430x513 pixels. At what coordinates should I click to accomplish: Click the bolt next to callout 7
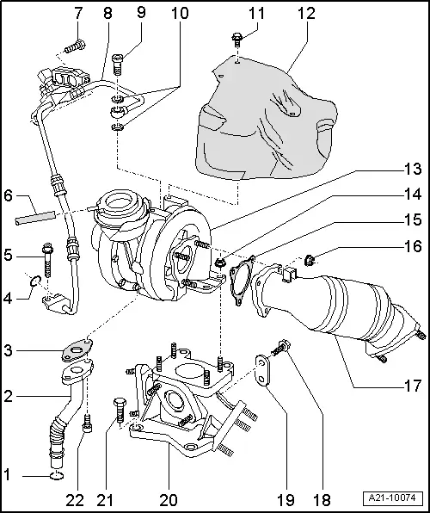click(77, 44)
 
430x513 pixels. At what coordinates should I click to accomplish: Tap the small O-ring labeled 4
click(34, 281)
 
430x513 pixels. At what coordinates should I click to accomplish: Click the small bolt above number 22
click(87, 423)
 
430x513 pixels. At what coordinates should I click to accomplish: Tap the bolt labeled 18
click(282, 348)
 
